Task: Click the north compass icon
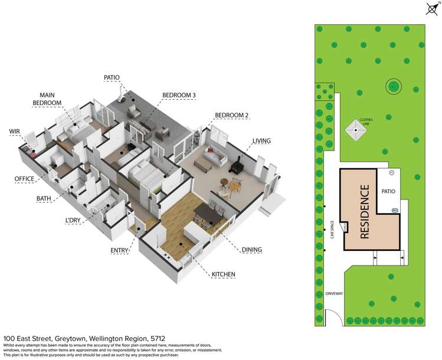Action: [431, 8]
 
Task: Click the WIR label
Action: [15, 131]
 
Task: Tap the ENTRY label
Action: [119, 251]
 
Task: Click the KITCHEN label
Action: [223, 274]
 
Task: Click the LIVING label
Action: [261, 141]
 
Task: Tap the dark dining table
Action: [208, 212]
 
